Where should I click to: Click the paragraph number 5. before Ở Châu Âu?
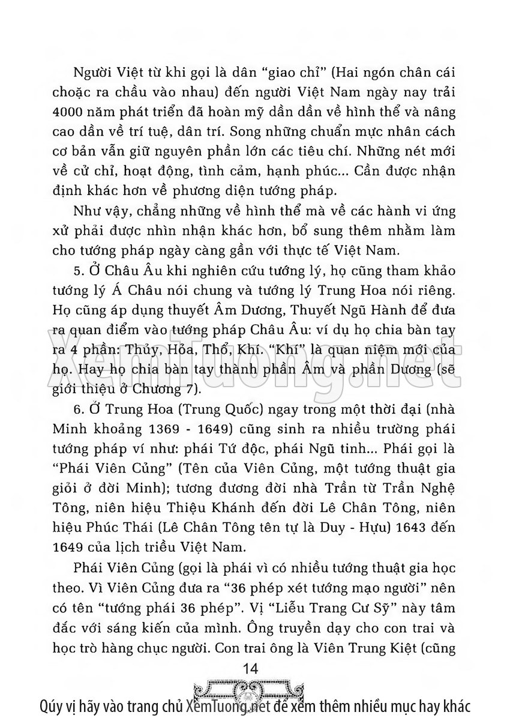[76, 288]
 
